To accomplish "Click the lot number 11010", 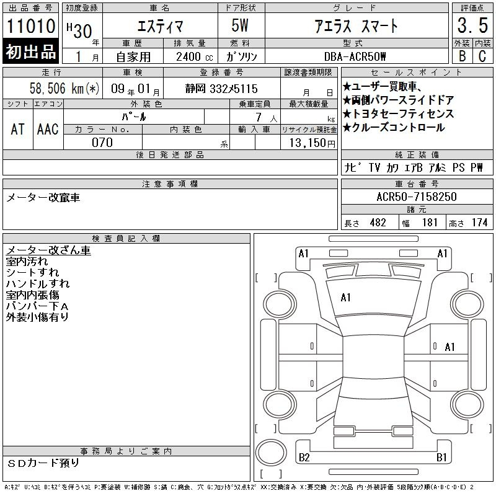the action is [x=30, y=26].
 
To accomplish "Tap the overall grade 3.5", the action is [x=472, y=25].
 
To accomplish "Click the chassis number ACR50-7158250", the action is [x=417, y=197].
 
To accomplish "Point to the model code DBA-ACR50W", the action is [x=355, y=56].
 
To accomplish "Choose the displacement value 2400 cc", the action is [x=195, y=57].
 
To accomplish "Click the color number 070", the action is [x=102, y=143].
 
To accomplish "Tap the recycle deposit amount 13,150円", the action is [x=312, y=143].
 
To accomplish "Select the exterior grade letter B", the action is [x=462, y=56].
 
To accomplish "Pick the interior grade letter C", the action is [x=482, y=56].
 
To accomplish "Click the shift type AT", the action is [x=17, y=129].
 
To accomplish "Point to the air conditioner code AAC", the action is [x=48, y=129].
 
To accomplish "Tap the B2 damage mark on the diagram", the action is [x=304, y=457].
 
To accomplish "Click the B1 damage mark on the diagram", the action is [x=441, y=457].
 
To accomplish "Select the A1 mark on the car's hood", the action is [x=345, y=298].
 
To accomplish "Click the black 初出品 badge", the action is [x=30, y=51].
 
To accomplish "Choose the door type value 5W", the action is [x=240, y=25].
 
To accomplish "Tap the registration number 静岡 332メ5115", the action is [x=221, y=89].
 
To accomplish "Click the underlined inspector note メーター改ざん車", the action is [x=48, y=250].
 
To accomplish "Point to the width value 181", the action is [x=430, y=223].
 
